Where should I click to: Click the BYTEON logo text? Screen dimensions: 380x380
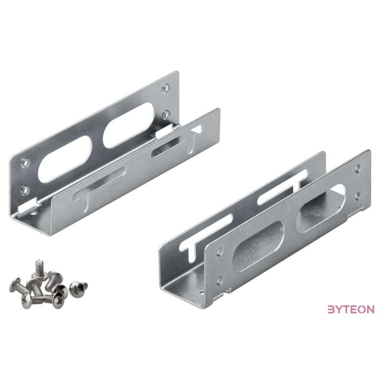(x=351, y=309)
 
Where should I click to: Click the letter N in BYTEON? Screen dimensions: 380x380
(x=370, y=309)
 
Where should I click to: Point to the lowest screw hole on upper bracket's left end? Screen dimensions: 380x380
(x=25, y=190)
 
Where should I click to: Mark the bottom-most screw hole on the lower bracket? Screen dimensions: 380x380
(x=219, y=281)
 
